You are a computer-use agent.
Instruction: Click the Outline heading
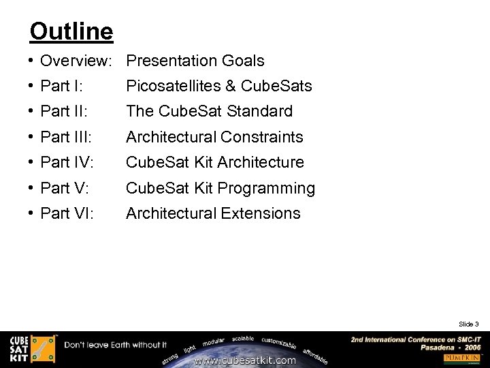[x=71, y=31]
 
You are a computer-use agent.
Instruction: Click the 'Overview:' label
[x=76, y=61]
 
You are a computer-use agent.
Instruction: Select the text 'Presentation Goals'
[x=195, y=61]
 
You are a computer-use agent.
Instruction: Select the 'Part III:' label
[x=66, y=137]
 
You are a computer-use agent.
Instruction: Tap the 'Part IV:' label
[x=67, y=162]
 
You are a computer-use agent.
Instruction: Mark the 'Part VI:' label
[x=67, y=213]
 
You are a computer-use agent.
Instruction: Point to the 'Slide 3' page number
[x=469, y=324]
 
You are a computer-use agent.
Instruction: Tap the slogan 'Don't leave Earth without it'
[x=116, y=345]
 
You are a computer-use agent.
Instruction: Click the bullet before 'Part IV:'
[x=32, y=162]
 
